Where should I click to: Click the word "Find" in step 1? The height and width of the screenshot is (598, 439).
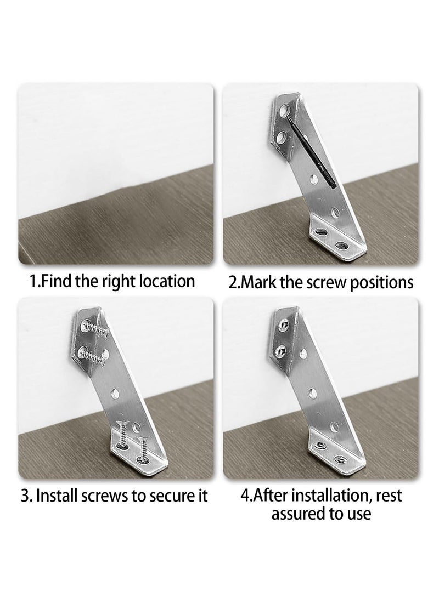[59, 281]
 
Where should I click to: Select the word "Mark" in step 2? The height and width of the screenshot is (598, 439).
[262, 283]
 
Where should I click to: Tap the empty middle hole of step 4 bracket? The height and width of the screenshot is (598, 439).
[312, 392]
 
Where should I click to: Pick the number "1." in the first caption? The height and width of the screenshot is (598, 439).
[35, 281]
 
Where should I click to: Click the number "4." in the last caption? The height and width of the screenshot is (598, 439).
[246, 496]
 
